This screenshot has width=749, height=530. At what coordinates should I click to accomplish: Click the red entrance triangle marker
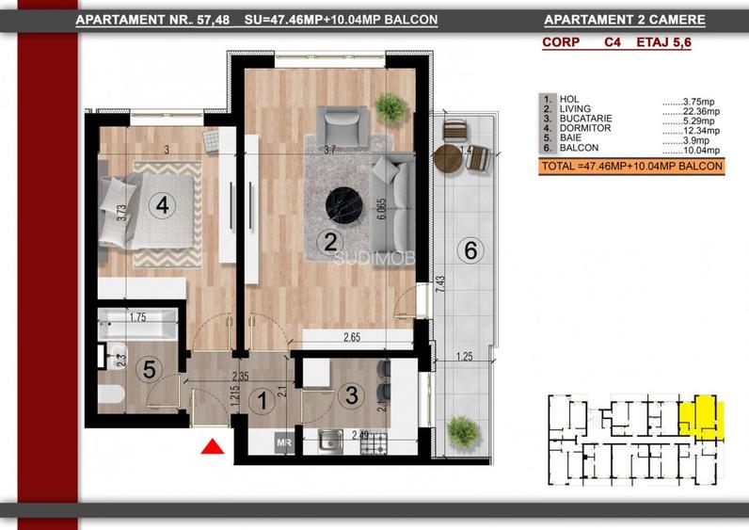click(213, 447)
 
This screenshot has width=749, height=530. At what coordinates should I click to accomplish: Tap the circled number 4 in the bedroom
click(163, 205)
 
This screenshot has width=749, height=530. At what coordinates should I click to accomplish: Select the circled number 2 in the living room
click(330, 242)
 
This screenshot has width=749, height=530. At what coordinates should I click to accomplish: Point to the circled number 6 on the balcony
click(470, 250)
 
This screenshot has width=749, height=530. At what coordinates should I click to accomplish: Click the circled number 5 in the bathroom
click(149, 369)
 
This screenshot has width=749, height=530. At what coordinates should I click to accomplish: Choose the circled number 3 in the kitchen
click(352, 395)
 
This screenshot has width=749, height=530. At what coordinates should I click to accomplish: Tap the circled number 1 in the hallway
click(263, 400)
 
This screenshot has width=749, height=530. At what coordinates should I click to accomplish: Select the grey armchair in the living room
click(343, 127)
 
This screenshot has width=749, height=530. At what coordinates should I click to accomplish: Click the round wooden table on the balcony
click(448, 159)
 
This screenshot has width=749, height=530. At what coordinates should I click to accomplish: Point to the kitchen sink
click(330, 442)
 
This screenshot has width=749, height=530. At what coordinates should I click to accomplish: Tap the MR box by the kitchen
click(284, 443)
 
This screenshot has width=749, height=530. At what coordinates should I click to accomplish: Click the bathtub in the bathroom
click(138, 324)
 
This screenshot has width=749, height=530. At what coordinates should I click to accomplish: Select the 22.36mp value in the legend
click(700, 111)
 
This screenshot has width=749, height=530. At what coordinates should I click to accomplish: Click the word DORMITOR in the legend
click(585, 129)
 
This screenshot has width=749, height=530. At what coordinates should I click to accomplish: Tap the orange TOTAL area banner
click(631, 167)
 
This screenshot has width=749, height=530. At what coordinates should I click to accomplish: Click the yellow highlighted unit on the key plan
click(702, 415)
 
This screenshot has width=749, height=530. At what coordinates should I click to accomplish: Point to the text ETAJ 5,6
click(663, 42)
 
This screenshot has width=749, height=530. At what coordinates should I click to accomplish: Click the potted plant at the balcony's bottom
click(461, 431)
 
